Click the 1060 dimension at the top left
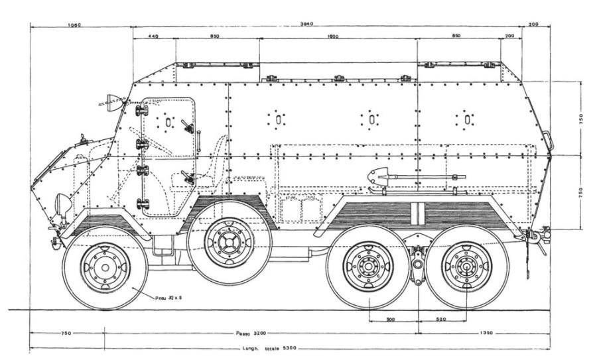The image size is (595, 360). tap(74, 25)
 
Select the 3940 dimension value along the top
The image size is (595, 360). tap(306, 24)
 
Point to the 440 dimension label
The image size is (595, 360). tap(153, 36)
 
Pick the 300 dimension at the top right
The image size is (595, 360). tap(535, 25)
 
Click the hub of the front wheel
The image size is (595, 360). tap(105, 267)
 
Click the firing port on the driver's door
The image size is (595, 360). tap(168, 122)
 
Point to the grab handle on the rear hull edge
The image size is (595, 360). tap(549, 141)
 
